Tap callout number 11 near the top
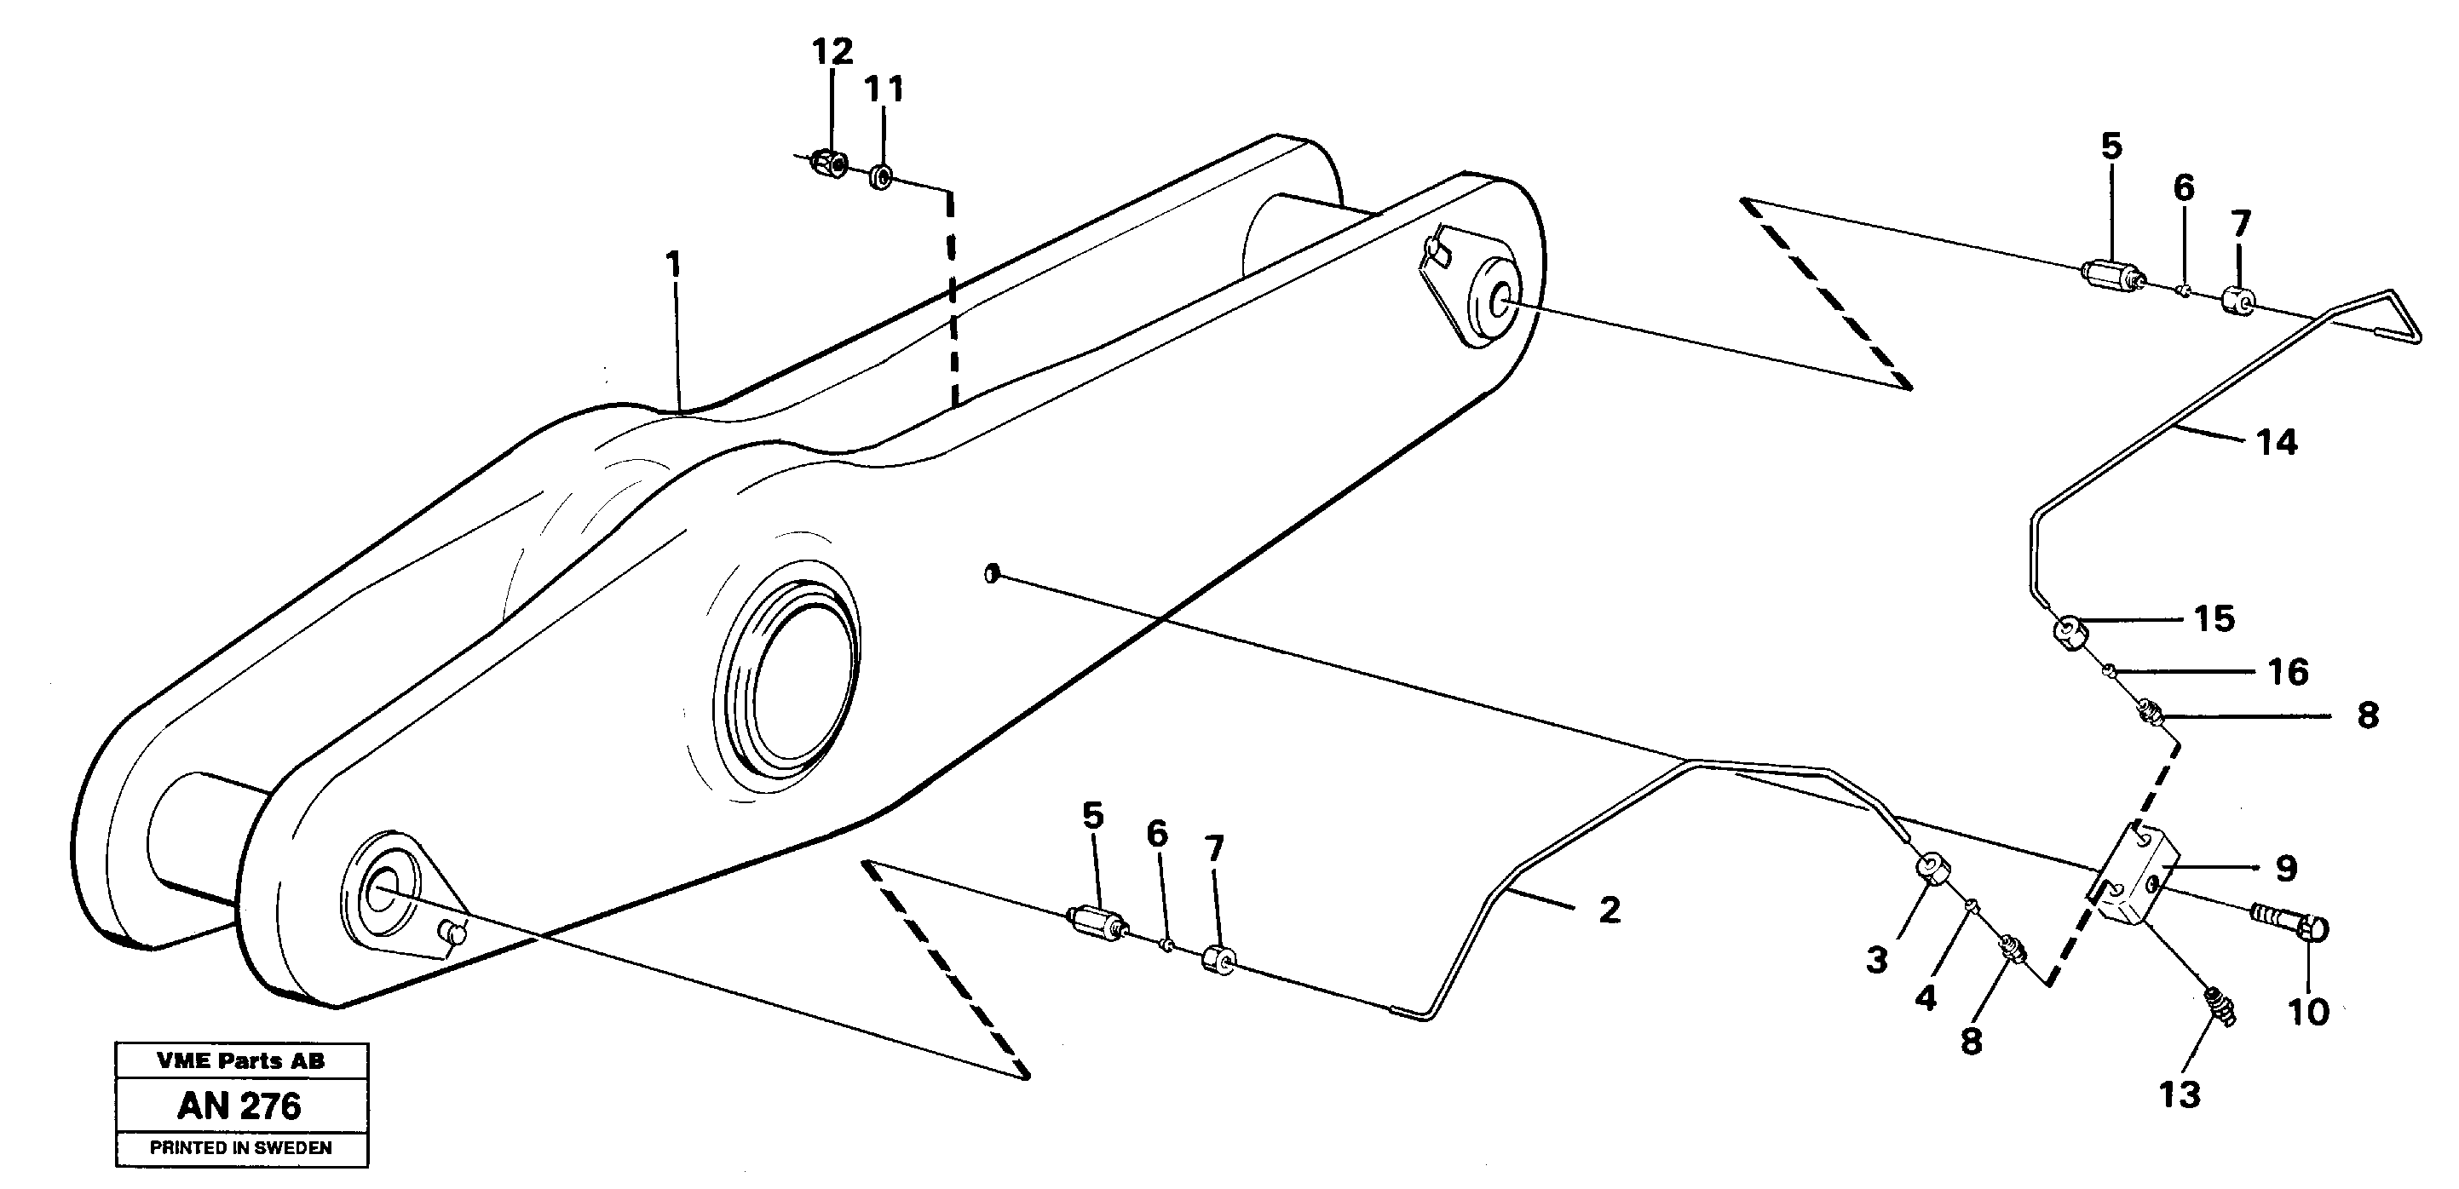coord(883,89)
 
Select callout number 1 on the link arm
coord(674,263)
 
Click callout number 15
coord(2214,618)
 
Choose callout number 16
coord(2288,672)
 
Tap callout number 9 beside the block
coord(2286,869)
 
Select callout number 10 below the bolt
coord(2308,1012)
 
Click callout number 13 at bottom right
coord(2180,1094)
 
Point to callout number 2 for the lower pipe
coord(1610,910)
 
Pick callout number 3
coord(1877,959)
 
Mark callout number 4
coord(1926,997)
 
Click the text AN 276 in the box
coord(239,1106)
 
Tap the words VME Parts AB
coord(239,1060)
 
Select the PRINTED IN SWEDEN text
coord(239,1148)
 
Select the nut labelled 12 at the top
coord(827,164)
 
